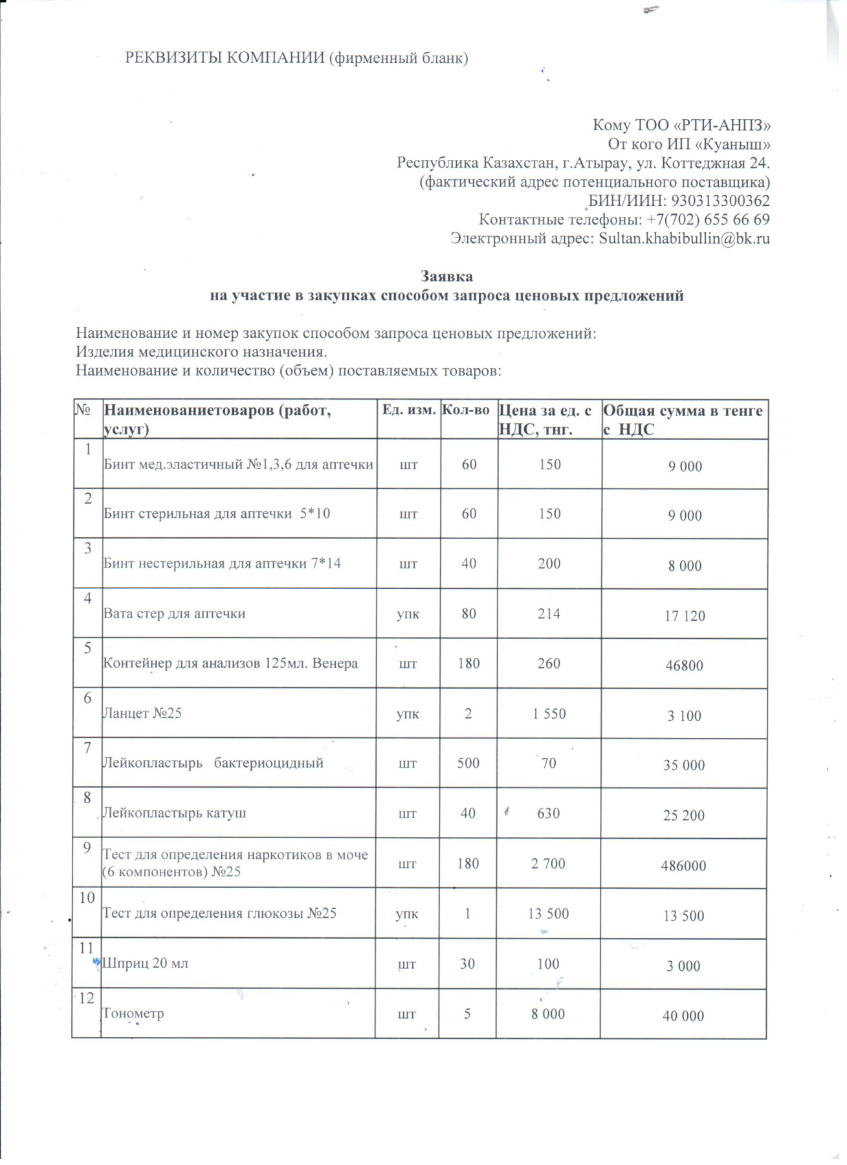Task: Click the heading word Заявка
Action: [x=446, y=276]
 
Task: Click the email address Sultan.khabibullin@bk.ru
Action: [x=684, y=238]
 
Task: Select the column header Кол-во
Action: [x=465, y=410]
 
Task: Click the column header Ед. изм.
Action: [x=408, y=410]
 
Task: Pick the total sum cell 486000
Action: [x=683, y=865]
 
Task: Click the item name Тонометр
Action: [x=133, y=1014]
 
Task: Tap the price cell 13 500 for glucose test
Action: [x=548, y=913]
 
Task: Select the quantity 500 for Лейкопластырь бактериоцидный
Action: [x=468, y=763]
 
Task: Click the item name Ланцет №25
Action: [x=142, y=713]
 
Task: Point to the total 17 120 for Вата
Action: [x=685, y=616]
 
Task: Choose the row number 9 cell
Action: [x=87, y=847]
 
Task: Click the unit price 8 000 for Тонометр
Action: [x=548, y=1014]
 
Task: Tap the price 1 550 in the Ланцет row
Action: [x=549, y=714]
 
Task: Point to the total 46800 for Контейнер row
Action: [x=684, y=665]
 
